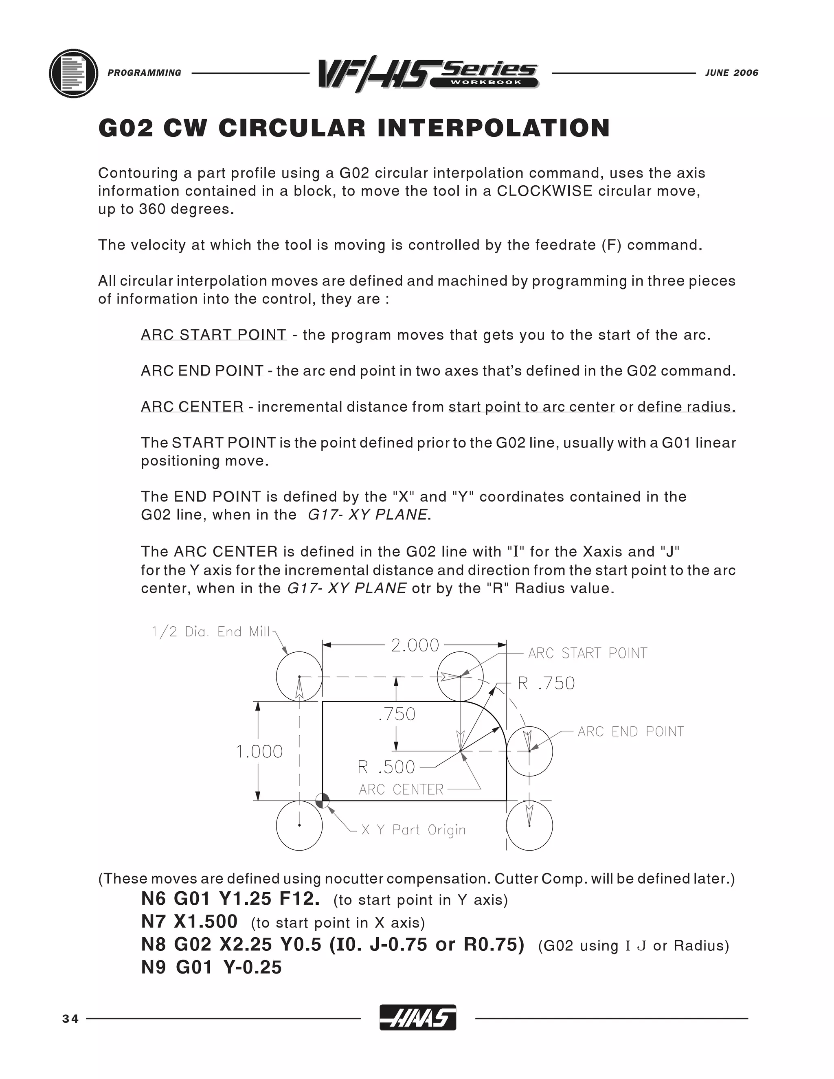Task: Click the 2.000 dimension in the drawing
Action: pyautogui.click(x=415, y=645)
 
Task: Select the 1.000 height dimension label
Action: pyautogui.click(x=259, y=752)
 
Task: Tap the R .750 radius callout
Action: pyautogui.click(x=546, y=683)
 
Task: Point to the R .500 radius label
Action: pyautogui.click(x=386, y=767)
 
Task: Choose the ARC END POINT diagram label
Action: pyautogui.click(x=630, y=732)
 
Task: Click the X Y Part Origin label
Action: pyautogui.click(x=413, y=829)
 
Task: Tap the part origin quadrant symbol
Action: pyautogui.click(x=323, y=800)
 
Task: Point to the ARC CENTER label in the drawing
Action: pyautogui.click(x=401, y=790)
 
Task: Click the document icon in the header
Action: pyautogui.click(x=74, y=74)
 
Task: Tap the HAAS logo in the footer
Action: pyautogui.click(x=417, y=1019)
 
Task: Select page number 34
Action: pyautogui.click(x=70, y=1019)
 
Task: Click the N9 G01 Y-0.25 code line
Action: pyautogui.click(x=211, y=967)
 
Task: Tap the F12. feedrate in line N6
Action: pyautogui.click(x=299, y=899)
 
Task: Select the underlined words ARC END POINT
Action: pyautogui.click(x=202, y=371)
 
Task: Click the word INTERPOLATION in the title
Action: pyautogui.click(x=494, y=128)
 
